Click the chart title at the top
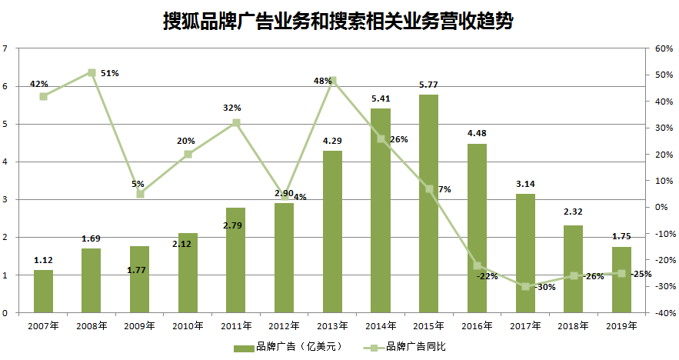tap(338, 20)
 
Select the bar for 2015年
tap(429, 204)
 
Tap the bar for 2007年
tap(43, 292)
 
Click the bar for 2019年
tap(621, 280)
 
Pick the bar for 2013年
tap(332, 232)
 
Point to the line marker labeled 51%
tap(92, 73)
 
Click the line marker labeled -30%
tap(525, 286)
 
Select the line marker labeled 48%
tap(332, 81)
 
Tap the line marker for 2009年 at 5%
tap(140, 194)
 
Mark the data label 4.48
tap(477, 134)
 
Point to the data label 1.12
tap(43, 260)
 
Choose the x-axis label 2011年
tap(236, 326)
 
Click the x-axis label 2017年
tap(525, 326)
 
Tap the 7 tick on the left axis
tap(6, 48)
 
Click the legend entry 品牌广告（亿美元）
tap(285, 347)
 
